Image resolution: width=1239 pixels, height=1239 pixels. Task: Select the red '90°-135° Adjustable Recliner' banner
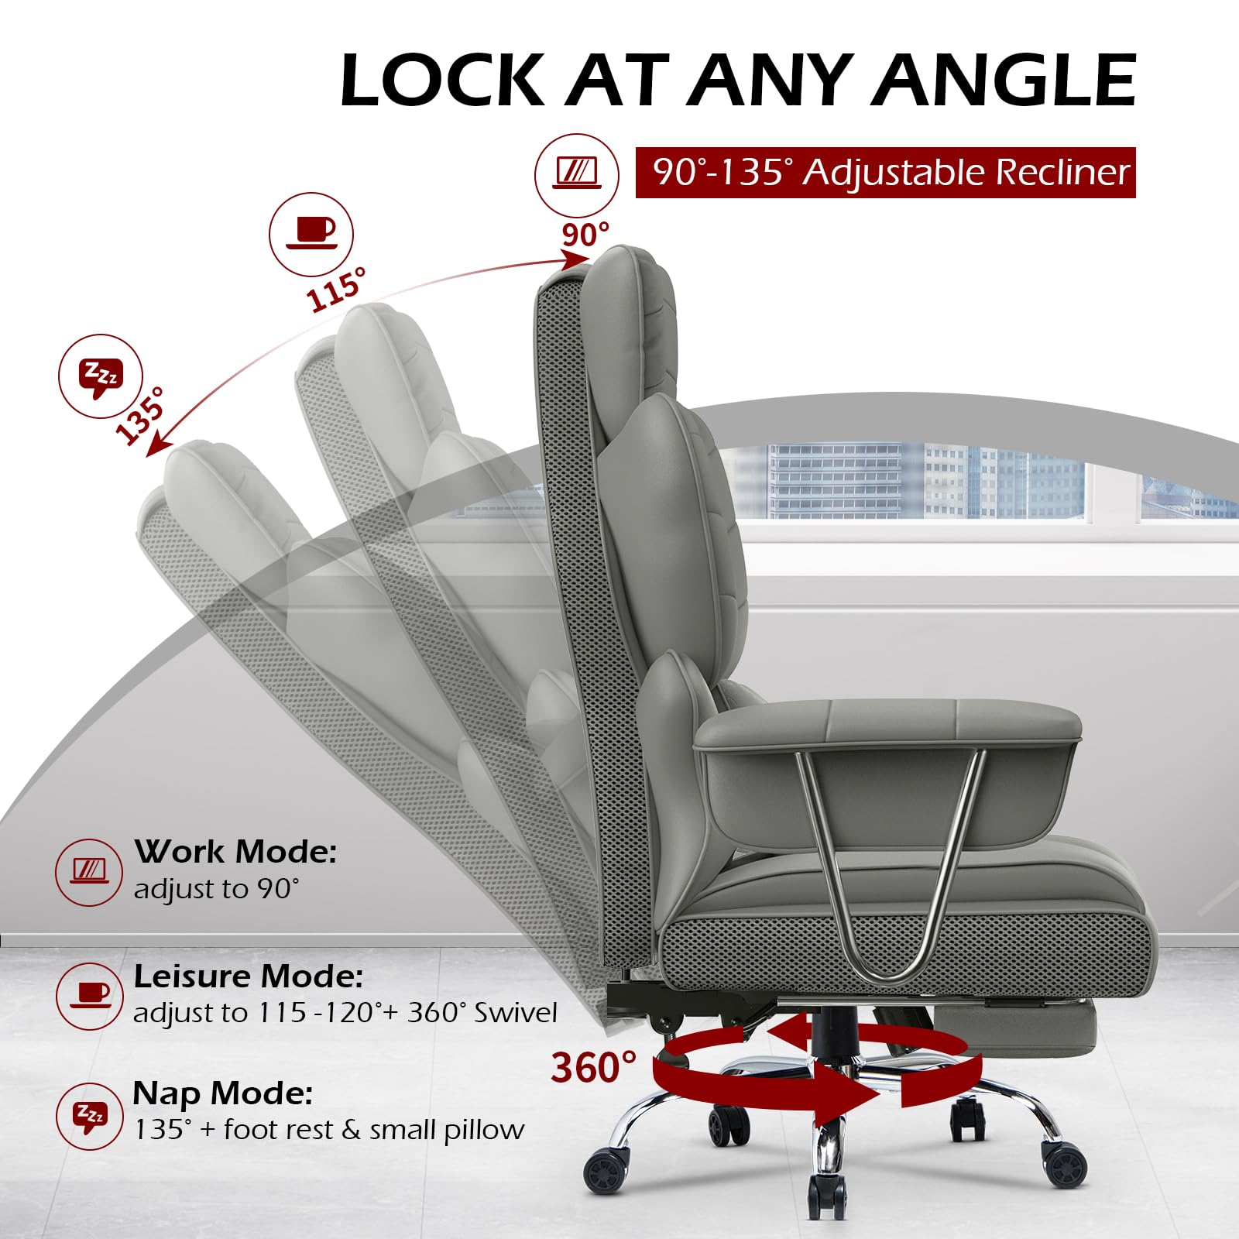coord(885,172)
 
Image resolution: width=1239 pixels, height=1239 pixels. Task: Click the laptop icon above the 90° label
coord(577,175)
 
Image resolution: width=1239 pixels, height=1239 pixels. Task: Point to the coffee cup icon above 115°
coord(311,234)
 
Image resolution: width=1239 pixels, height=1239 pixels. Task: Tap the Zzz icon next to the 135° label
coord(101,377)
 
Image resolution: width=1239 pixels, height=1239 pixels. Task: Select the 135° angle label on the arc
coord(141,416)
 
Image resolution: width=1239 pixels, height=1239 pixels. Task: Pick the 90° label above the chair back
coord(585,235)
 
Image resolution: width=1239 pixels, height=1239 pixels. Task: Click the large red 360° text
coord(593,1068)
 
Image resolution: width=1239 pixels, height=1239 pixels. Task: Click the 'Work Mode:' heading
coord(235,852)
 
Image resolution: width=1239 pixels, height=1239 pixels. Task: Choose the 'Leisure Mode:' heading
coord(249,976)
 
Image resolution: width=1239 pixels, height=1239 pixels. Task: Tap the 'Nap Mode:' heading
coord(223,1093)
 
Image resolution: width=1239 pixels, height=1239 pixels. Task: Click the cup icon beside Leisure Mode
coord(90,996)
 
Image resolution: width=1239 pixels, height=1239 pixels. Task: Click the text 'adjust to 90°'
coord(217,889)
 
